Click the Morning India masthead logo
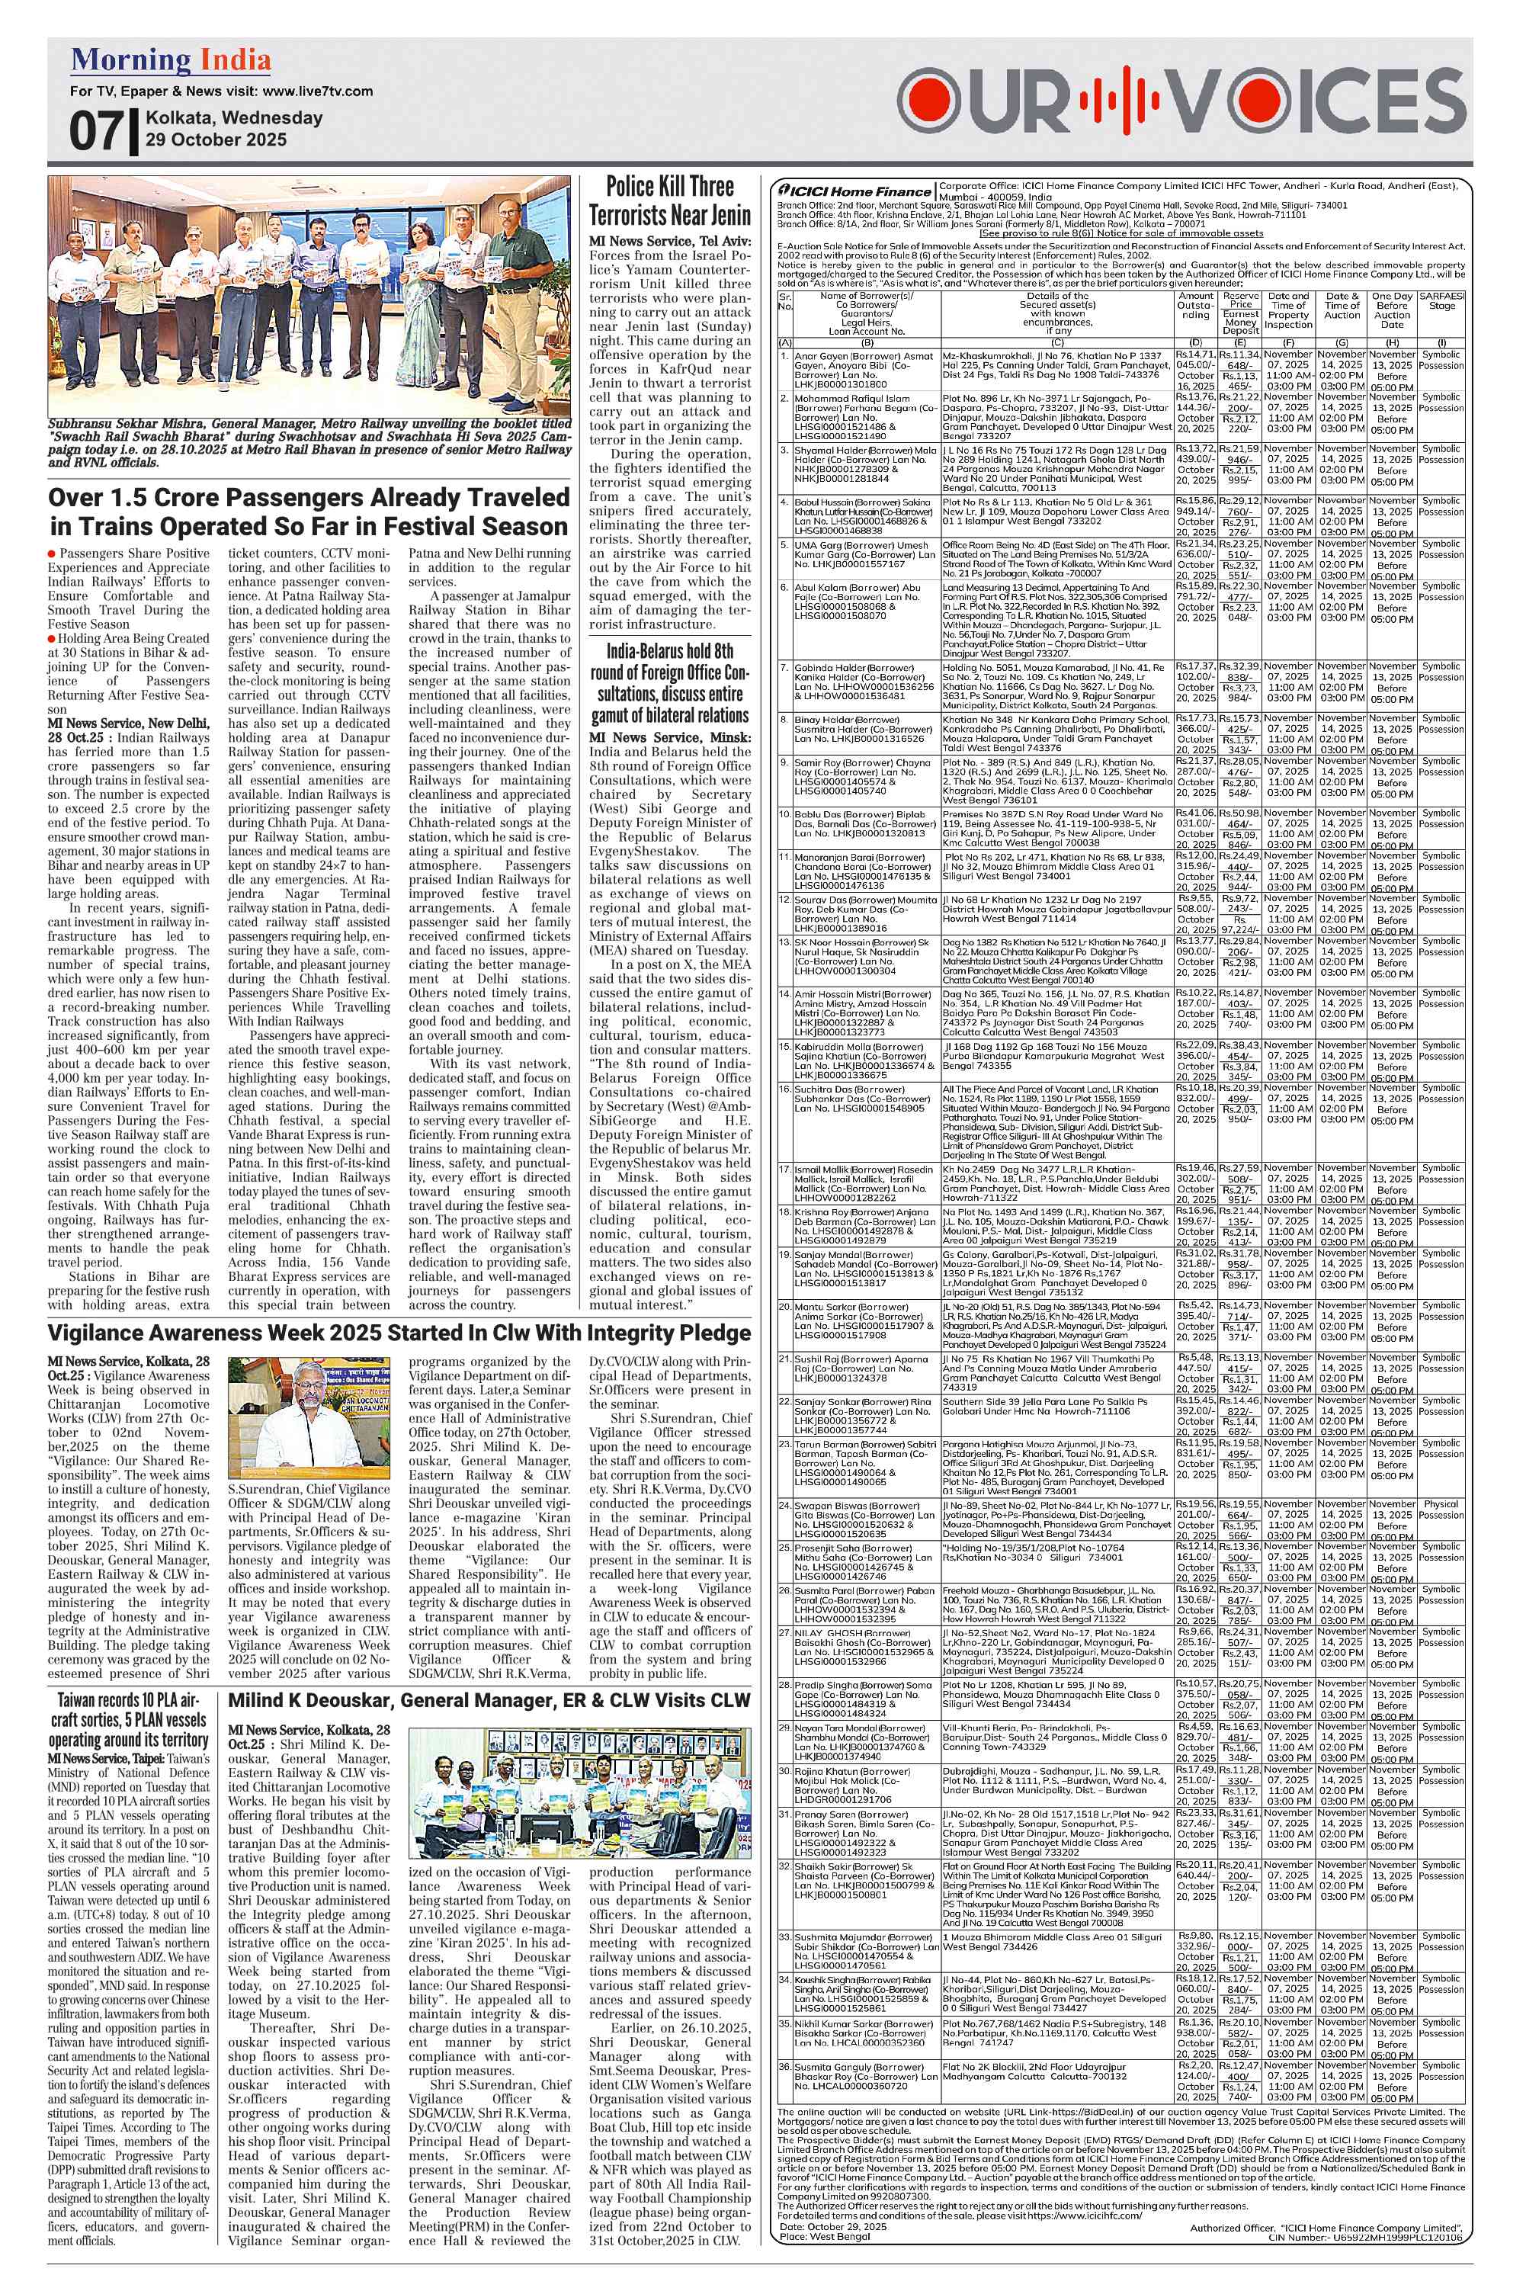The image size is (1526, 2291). coord(170,61)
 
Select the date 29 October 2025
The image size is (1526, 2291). coord(216,140)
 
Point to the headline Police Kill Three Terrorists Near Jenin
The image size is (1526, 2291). coord(669,200)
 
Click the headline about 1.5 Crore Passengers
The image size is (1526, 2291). coord(309,511)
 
